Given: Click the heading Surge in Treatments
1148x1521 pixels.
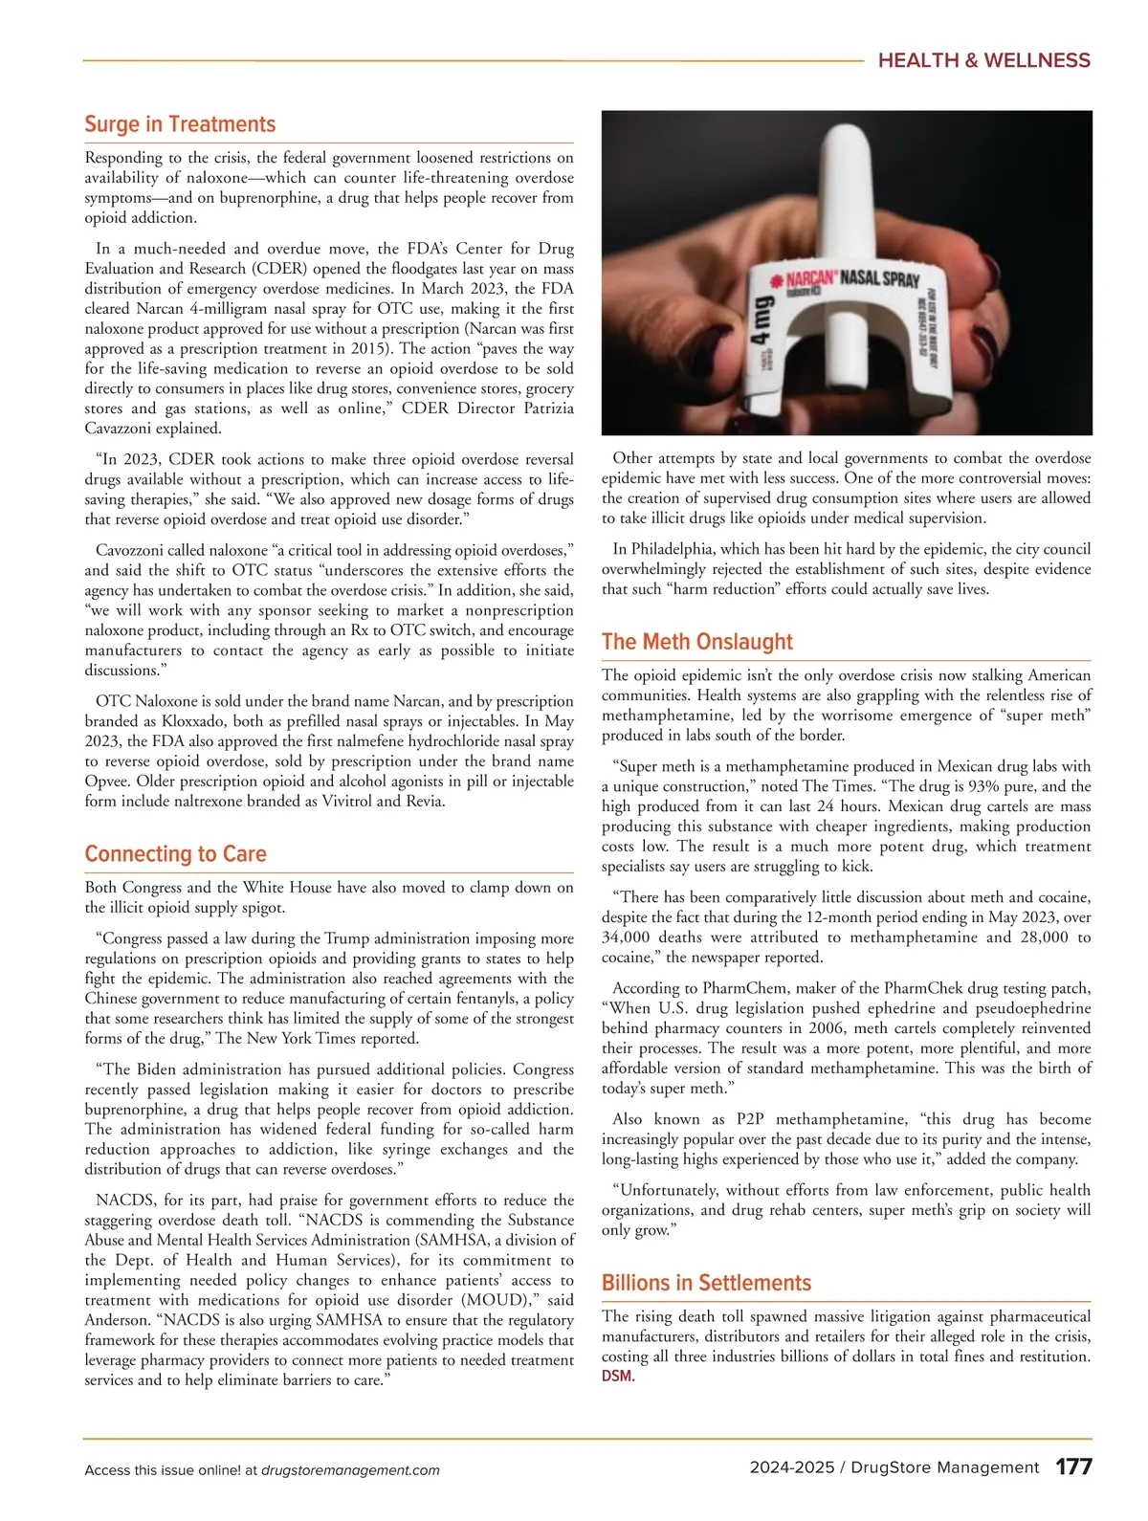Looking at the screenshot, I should pos(180,124).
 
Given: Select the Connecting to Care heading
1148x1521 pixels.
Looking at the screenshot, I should pos(175,854).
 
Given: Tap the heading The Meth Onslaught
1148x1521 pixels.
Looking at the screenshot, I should pos(697,642).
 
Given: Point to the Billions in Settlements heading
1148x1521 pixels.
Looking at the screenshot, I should pos(706,1283).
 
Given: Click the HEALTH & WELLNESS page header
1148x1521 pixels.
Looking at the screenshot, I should pos(983,60).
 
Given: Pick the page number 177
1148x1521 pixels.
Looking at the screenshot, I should pos(1073,1467).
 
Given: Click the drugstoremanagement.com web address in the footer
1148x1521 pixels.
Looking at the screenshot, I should pos(350,1470).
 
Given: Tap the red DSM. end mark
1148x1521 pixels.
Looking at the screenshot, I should pos(618,1377).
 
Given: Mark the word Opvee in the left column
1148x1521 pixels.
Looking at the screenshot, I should pos(105,782).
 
